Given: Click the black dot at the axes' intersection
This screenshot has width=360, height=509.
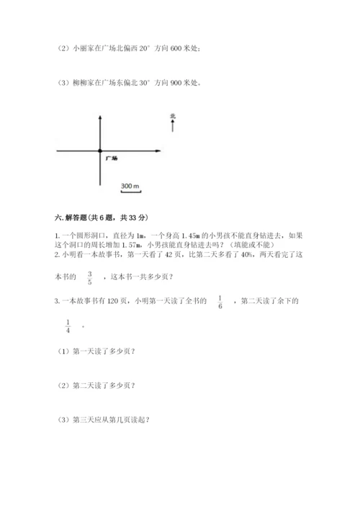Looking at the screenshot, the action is click(x=100, y=151).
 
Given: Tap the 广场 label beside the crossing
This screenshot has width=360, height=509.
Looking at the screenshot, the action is click(x=111, y=157).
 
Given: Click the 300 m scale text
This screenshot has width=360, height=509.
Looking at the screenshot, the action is click(x=130, y=186).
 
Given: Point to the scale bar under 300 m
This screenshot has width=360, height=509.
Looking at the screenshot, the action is click(x=130, y=192).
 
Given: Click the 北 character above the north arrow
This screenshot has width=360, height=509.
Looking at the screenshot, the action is click(x=173, y=115).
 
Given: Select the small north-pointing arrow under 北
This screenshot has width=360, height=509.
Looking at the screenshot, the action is click(x=173, y=127).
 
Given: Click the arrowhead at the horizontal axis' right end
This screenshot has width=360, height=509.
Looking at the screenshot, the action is click(x=156, y=151).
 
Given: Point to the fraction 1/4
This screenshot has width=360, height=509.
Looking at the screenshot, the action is click(x=68, y=325).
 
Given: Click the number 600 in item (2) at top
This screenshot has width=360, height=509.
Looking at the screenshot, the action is click(x=176, y=48).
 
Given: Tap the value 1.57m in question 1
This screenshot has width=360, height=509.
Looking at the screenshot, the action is click(x=135, y=245).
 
